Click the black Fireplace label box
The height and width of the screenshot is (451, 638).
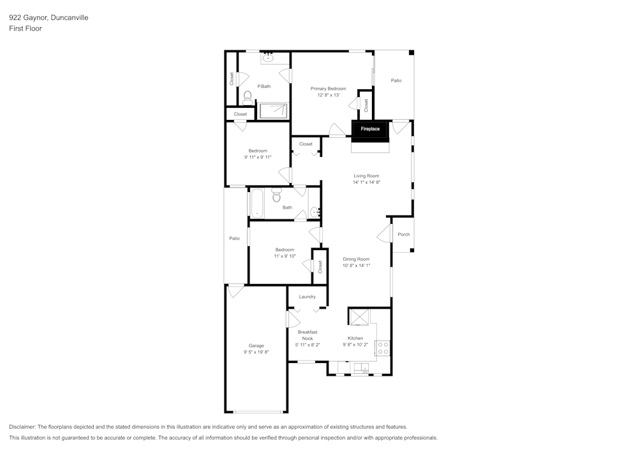pos(370,129)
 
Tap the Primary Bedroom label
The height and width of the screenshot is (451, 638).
pos(328,88)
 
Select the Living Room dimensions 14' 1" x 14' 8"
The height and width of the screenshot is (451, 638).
pos(366,182)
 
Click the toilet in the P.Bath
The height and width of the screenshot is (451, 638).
pos(247,96)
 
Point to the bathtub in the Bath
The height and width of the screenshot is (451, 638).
pos(256,203)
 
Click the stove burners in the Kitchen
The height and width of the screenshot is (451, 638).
pos(383,348)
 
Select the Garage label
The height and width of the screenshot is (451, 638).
pos(256,346)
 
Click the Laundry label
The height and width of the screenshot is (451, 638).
pos(307,297)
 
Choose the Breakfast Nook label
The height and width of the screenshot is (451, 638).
pos(307,335)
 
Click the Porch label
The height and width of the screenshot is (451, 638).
pos(403,234)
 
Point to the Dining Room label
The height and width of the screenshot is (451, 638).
pos(356,259)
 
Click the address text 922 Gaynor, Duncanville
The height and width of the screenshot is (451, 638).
pos(48,18)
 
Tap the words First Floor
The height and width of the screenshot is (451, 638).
pos(26,29)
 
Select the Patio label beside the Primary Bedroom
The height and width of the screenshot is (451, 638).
pos(396,80)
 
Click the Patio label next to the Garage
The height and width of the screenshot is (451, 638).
pos(234,238)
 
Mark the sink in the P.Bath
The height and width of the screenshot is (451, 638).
pos(268,58)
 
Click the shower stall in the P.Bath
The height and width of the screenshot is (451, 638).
pos(273,110)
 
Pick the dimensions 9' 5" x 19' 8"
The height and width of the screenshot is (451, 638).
pos(256,352)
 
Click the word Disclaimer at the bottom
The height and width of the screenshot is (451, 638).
pos(22,427)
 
